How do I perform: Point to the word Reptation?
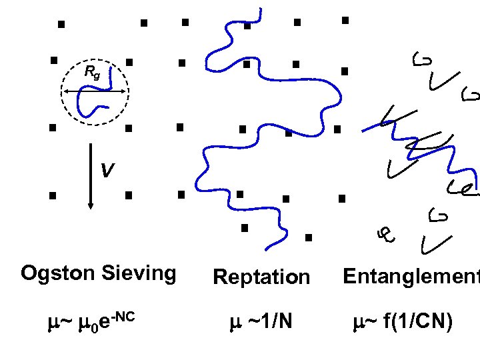point(261,277)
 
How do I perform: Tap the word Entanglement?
point(411,276)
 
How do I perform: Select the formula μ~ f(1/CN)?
point(403,323)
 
